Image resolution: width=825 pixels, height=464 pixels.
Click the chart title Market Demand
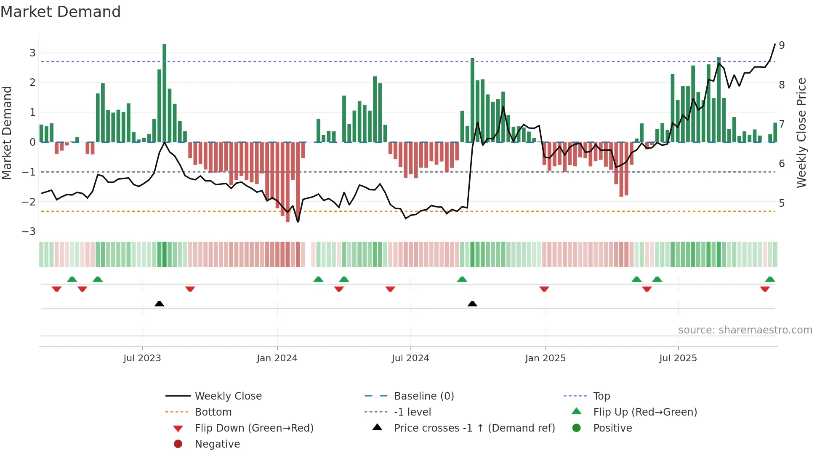tap(61, 12)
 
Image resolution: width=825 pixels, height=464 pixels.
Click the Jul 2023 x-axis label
tap(142, 358)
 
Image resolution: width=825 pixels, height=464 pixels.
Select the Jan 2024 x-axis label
tap(277, 358)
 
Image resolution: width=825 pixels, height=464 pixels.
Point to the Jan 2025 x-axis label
tap(545, 358)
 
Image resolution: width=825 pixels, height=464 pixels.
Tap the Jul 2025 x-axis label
tap(678, 358)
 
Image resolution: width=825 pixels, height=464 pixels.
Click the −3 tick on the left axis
tap(29, 232)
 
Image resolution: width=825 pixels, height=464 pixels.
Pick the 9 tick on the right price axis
tap(782, 45)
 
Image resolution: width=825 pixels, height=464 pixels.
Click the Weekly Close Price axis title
tap(801, 133)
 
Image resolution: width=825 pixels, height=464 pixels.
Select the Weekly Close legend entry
tap(228, 396)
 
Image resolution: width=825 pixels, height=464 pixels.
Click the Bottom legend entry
tap(213, 412)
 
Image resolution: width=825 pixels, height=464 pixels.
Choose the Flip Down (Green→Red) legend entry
tap(254, 428)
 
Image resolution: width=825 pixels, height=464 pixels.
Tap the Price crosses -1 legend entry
tap(474, 428)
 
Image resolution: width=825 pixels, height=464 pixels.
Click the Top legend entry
tap(601, 396)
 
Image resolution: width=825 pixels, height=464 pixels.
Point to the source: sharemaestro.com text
tap(745, 330)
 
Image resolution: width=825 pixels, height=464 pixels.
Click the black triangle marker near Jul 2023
tap(159, 304)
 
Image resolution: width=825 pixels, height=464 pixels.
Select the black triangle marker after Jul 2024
tap(472, 304)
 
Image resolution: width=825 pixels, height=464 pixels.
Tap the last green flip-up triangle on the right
tap(770, 279)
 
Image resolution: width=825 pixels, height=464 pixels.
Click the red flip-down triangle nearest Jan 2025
tap(544, 289)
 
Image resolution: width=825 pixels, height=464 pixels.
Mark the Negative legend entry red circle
tap(178, 444)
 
